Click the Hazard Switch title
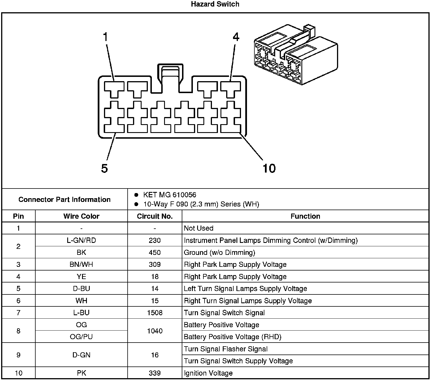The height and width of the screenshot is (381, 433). (x=215, y=4)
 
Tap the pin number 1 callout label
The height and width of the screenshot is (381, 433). (x=106, y=37)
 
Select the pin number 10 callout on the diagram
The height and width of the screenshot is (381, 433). (x=269, y=168)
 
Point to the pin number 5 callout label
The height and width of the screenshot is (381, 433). (x=105, y=169)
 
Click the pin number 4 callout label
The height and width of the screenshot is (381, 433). (x=236, y=37)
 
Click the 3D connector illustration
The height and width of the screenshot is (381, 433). (x=295, y=55)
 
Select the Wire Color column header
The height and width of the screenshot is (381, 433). (x=81, y=216)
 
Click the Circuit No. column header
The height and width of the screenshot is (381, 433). (x=155, y=216)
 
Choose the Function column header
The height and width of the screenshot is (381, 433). (x=305, y=216)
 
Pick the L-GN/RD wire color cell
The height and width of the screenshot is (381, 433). (x=81, y=241)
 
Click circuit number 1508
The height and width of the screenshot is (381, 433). (x=155, y=313)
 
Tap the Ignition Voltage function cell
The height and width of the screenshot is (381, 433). (x=208, y=373)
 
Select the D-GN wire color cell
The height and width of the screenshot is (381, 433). (x=81, y=355)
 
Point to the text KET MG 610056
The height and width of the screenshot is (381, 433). (x=169, y=195)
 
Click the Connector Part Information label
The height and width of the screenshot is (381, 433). (x=64, y=200)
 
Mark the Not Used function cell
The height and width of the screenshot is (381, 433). (x=199, y=228)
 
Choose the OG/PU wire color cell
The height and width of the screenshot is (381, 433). (x=81, y=337)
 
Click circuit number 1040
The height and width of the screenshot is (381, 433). (x=155, y=331)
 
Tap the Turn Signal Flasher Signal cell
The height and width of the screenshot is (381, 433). (x=226, y=349)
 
